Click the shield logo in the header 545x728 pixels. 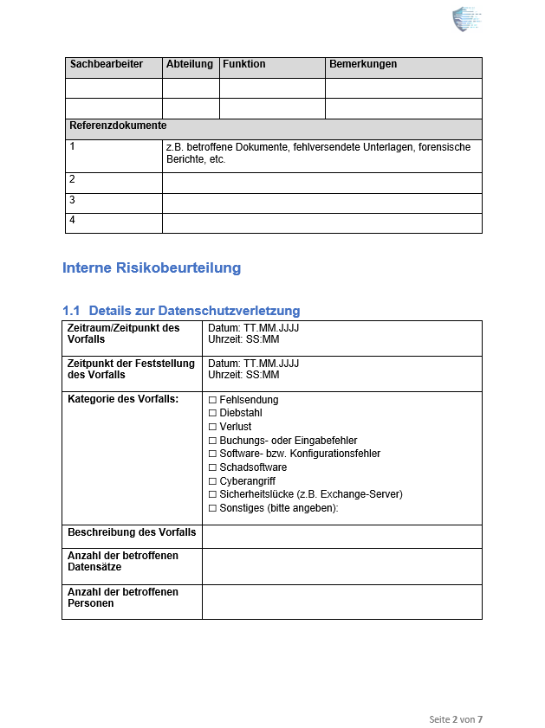click(x=465, y=19)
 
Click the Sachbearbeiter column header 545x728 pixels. click(x=106, y=64)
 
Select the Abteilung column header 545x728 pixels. click(x=189, y=64)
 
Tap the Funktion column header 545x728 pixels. click(x=244, y=64)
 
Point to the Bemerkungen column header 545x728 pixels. click(x=363, y=64)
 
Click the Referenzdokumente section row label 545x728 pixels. click(x=118, y=126)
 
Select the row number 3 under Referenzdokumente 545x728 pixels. click(x=73, y=200)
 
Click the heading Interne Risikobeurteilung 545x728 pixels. click(x=152, y=268)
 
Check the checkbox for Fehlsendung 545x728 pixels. click(x=212, y=401)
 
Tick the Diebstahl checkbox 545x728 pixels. click(x=212, y=414)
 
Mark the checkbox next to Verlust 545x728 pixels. click(x=212, y=428)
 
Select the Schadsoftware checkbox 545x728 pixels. click(x=212, y=467)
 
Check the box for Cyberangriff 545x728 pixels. click(x=212, y=481)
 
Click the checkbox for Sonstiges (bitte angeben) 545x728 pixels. click(x=212, y=508)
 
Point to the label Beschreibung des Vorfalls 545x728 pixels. click(x=132, y=532)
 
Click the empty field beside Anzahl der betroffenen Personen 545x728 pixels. click(x=341, y=601)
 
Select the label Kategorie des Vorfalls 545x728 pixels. click(x=123, y=400)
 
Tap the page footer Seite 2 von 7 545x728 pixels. click(x=456, y=719)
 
